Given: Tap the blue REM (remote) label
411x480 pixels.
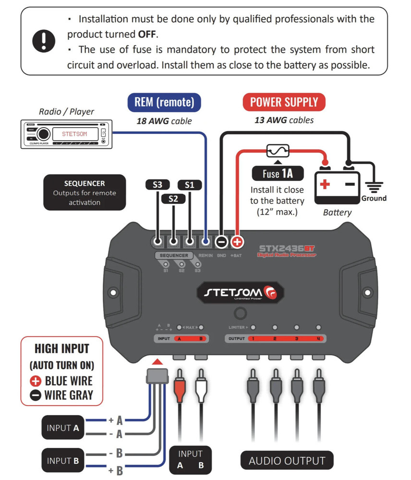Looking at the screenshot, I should point(164,102).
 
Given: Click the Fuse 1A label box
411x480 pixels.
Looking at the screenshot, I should point(277,173).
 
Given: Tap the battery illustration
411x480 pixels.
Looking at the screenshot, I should point(337,185).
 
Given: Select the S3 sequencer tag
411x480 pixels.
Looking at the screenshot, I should point(157,185).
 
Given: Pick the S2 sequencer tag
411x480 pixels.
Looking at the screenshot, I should point(173,198).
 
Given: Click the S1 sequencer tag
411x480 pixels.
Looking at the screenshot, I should point(190,185).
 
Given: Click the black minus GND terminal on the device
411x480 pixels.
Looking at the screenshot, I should point(221,242).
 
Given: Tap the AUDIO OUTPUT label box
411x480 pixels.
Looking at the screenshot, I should point(287,461).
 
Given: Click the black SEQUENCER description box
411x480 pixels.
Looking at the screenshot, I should point(85,192).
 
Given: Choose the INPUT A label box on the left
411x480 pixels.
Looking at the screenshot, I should point(62,428).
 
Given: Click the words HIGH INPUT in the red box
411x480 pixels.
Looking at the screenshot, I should point(62,348).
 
